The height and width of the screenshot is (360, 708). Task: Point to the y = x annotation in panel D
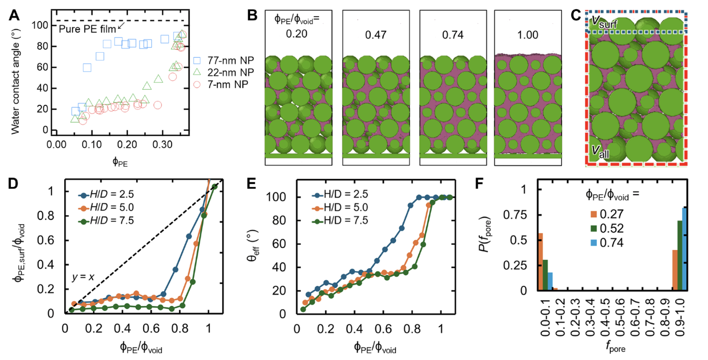pos(84,279)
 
